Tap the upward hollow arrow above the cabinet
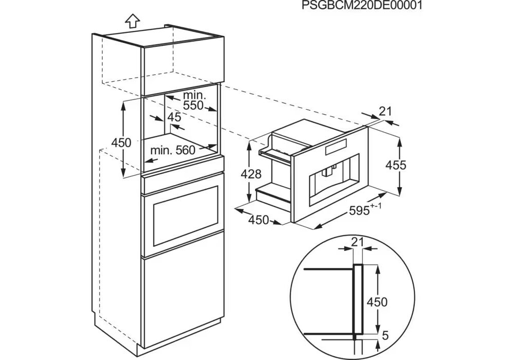tap(132, 21)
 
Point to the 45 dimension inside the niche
tap(174, 117)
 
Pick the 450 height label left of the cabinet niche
tap(121, 142)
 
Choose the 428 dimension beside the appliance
tap(251, 174)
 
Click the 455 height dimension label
tap(396, 165)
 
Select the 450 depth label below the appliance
tap(259, 220)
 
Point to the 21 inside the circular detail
tap(358, 242)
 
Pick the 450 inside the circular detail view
tap(377, 302)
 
